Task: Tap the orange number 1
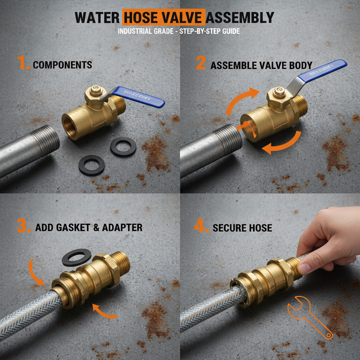pos(23,64)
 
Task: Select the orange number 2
pos(201,63)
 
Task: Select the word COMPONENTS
pos(63,65)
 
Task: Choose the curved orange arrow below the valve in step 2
pos(281,144)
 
